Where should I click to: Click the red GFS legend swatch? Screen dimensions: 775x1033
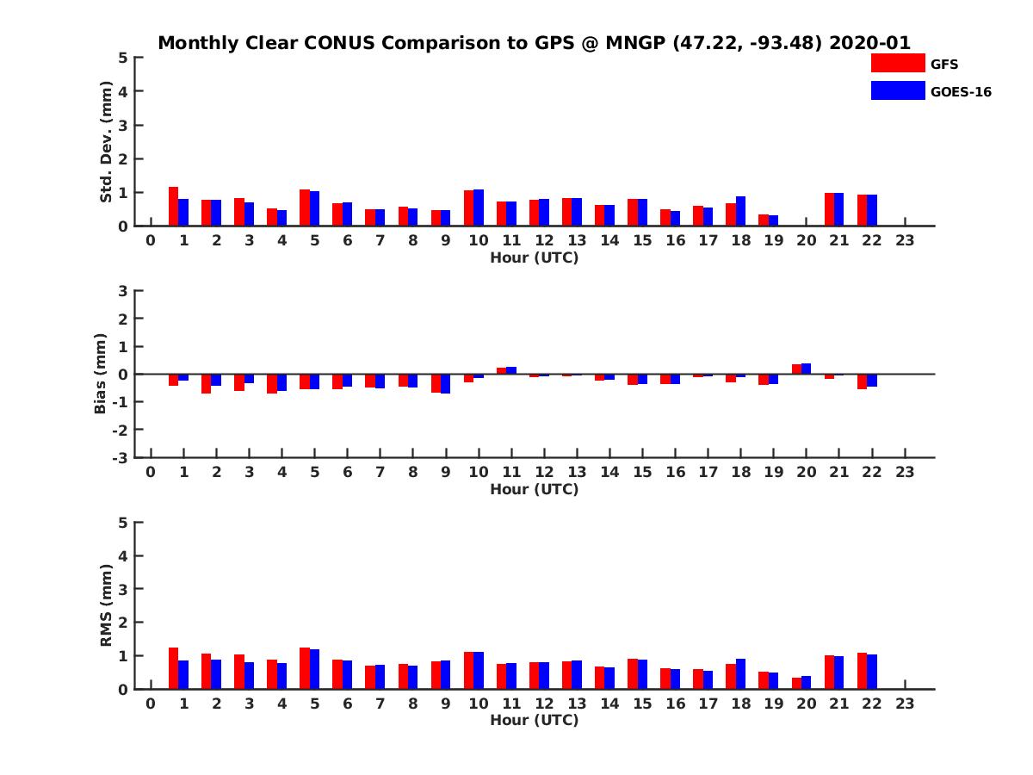click(897, 63)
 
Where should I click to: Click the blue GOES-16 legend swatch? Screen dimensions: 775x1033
click(897, 90)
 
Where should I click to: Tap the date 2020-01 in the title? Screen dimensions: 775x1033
click(869, 43)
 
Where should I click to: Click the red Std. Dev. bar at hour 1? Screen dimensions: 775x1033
click(174, 207)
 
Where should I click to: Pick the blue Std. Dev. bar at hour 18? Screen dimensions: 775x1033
click(740, 211)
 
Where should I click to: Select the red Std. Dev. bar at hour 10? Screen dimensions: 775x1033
click(469, 208)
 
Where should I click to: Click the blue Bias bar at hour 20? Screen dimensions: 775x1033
click(806, 369)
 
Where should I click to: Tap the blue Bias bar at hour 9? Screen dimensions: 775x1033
click(445, 383)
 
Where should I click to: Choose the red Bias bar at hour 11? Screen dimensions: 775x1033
click(502, 371)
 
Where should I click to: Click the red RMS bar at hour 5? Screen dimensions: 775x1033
click(305, 668)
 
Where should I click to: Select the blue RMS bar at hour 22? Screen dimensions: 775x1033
click(872, 672)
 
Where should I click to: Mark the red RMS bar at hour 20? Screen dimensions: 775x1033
click(797, 683)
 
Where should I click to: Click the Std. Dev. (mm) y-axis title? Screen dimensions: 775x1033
click(107, 142)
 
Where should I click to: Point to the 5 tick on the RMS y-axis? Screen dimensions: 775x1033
click(123, 522)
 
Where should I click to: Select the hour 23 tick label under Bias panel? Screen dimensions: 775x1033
click(905, 472)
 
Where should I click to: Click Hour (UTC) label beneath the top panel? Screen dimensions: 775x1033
click(534, 257)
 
